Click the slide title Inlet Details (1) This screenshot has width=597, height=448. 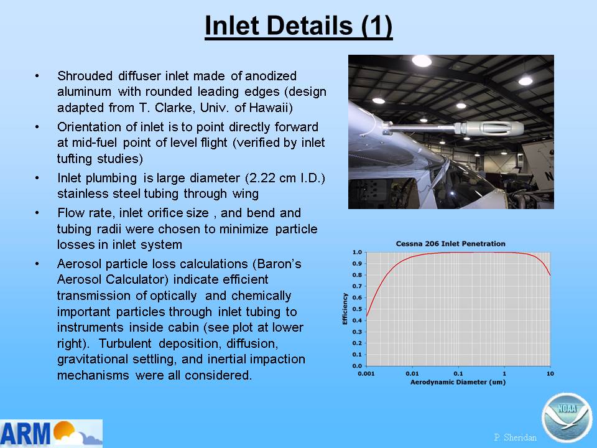click(x=298, y=26)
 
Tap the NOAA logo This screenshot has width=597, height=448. click(x=567, y=418)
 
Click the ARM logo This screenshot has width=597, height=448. click(x=51, y=433)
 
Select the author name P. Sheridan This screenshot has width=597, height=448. click(x=515, y=437)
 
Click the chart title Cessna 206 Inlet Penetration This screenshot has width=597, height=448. click(x=450, y=243)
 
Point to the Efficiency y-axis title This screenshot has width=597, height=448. click(x=345, y=309)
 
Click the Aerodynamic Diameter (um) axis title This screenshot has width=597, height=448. click(x=458, y=382)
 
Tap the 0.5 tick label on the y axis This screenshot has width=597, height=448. click(x=357, y=309)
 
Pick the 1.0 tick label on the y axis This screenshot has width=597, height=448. click(x=357, y=252)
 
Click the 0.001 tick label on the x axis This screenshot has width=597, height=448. click(x=366, y=374)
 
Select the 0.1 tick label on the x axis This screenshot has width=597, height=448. click(x=458, y=374)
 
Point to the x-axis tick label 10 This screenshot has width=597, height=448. click(x=550, y=374)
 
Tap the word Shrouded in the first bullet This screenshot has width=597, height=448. click(x=85, y=76)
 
